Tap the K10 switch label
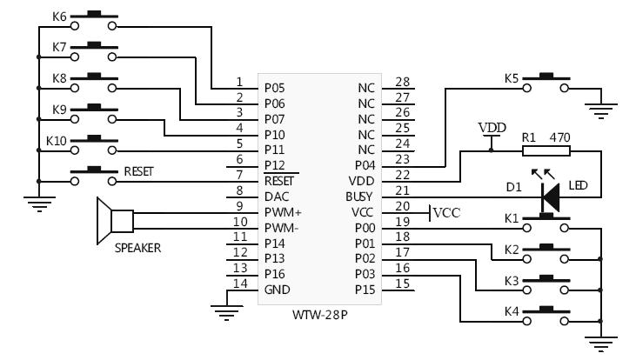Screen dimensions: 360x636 pyautogui.click(x=57, y=139)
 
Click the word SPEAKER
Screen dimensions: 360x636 pyautogui.click(x=137, y=248)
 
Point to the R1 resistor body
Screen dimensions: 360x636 pyautogui.click(x=546, y=150)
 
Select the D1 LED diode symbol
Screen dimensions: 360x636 pyautogui.click(x=548, y=199)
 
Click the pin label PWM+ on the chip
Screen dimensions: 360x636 pyautogui.click(x=283, y=211)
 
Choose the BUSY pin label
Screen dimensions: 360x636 pyautogui.click(x=359, y=196)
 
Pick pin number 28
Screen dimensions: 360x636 pyautogui.click(x=401, y=82)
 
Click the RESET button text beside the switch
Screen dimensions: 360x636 pyautogui.click(x=139, y=171)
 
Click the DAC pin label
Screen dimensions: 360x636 pyautogui.click(x=276, y=196)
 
